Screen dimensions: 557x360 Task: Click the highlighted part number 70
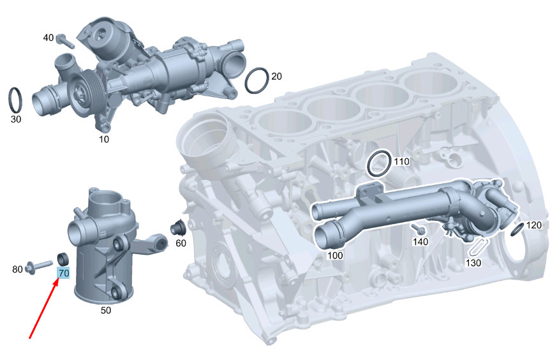click(64, 273)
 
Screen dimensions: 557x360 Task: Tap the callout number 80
click(17, 269)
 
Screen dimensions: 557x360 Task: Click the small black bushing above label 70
click(64, 259)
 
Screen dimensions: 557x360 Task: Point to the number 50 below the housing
click(106, 310)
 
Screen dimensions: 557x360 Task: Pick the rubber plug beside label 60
click(178, 228)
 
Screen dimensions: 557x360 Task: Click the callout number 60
click(181, 243)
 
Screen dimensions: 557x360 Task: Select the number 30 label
click(16, 119)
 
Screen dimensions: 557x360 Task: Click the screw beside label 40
click(66, 41)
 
